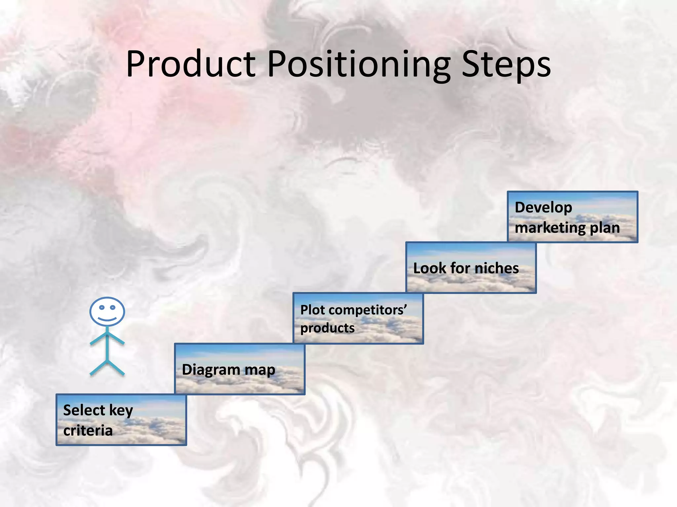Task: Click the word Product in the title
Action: click(x=191, y=64)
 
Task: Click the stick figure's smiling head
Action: click(x=107, y=312)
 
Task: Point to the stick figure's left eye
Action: click(x=102, y=307)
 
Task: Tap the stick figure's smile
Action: click(x=107, y=319)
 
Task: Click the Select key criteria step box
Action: click(x=121, y=420)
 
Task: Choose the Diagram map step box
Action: click(x=239, y=369)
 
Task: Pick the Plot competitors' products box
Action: click(x=358, y=319)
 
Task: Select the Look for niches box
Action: click(x=471, y=268)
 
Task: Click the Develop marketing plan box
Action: click(x=572, y=217)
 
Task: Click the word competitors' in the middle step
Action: click(x=368, y=310)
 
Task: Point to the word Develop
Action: click(x=543, y=208)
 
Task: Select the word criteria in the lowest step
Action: click(x=88, y=430)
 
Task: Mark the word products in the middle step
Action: click(x=327, y=328)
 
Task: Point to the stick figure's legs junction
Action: click(x=107, y=361)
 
